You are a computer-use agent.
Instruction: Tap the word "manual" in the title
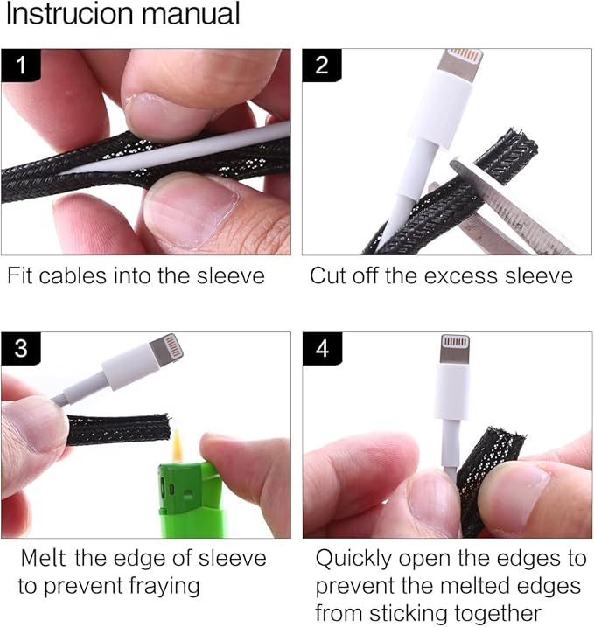[x=191, y=14]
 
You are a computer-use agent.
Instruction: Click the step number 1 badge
[x=21, y=66]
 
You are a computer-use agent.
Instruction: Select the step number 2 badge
[x=322, y=66]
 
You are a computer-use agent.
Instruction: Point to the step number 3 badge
[x=21, y=348]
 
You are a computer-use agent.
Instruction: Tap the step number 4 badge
[x=322, y=348]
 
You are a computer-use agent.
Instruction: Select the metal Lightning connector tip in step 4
[x=455, y=350]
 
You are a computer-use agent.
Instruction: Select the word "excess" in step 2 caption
[x=460, y=276]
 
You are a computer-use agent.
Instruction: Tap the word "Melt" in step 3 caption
[x=43, y=558]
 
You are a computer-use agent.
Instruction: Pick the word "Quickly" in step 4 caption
[x=353, y=559]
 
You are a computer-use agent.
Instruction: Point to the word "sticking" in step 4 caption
[x=409, y=613]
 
